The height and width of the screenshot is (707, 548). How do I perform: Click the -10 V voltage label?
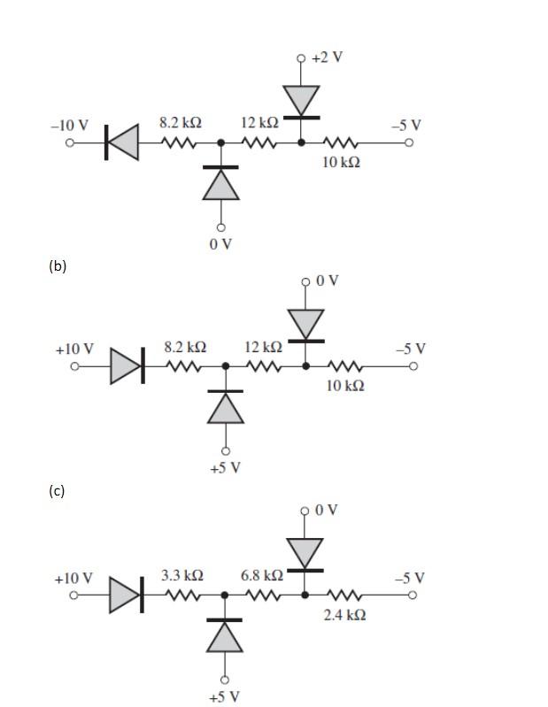69,125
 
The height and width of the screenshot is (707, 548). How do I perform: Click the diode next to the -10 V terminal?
122,142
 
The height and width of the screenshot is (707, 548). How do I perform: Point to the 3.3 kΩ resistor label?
182,575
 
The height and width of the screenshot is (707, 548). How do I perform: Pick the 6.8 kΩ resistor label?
262,575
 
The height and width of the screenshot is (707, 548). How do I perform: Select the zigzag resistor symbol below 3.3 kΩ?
182,595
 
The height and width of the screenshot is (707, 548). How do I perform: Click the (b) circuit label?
58,265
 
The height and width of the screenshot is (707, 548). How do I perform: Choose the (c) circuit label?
57,490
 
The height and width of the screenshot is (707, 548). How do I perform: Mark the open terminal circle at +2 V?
301,58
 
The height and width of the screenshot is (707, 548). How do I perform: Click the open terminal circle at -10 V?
70,142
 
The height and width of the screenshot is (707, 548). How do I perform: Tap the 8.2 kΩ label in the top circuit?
180,123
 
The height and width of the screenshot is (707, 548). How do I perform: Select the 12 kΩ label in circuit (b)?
263,347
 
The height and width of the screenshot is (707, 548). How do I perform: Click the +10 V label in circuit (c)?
73,578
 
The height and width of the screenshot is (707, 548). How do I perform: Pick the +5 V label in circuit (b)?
225,467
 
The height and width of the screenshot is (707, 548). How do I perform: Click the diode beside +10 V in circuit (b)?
126,365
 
